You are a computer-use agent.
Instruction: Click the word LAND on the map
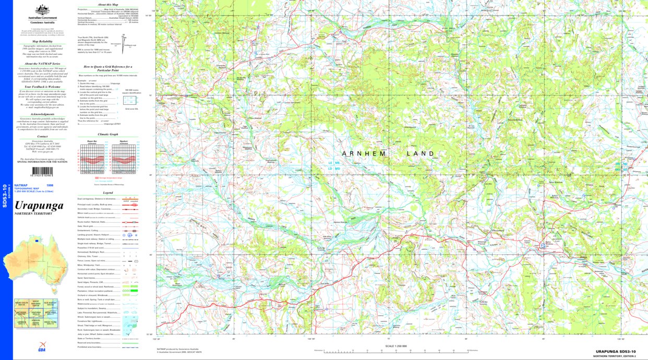421,153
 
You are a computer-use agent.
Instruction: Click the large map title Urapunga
39,206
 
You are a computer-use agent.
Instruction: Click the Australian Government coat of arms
42,10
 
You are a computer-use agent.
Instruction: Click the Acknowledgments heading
42,114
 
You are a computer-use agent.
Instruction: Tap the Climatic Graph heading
108,134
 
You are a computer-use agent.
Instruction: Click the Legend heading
108,193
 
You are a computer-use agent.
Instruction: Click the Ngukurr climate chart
124,157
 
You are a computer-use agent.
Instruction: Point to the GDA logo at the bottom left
42,350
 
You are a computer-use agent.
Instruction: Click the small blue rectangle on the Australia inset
37,240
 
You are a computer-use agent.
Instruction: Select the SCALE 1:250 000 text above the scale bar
396,346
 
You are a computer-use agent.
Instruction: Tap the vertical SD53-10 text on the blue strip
5,196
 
